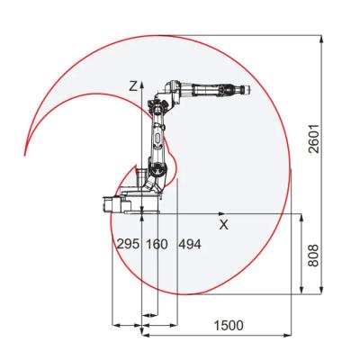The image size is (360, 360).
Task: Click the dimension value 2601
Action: [x=314, y=139]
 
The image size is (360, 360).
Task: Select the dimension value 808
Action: [x=313, y=256]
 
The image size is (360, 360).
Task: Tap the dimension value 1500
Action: [x=229, y=326]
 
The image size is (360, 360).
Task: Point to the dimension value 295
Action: [x=129, y=244]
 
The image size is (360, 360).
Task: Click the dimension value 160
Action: [x=157, y=244]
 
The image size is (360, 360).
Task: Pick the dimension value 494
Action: [x=190, y=244]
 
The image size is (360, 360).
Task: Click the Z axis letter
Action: [x=133, y=86]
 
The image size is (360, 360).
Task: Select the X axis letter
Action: [x=223, y=224]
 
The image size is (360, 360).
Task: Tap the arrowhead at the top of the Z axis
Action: [x=141, y=85]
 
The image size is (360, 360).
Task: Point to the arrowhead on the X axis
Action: [x=221, y=213]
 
